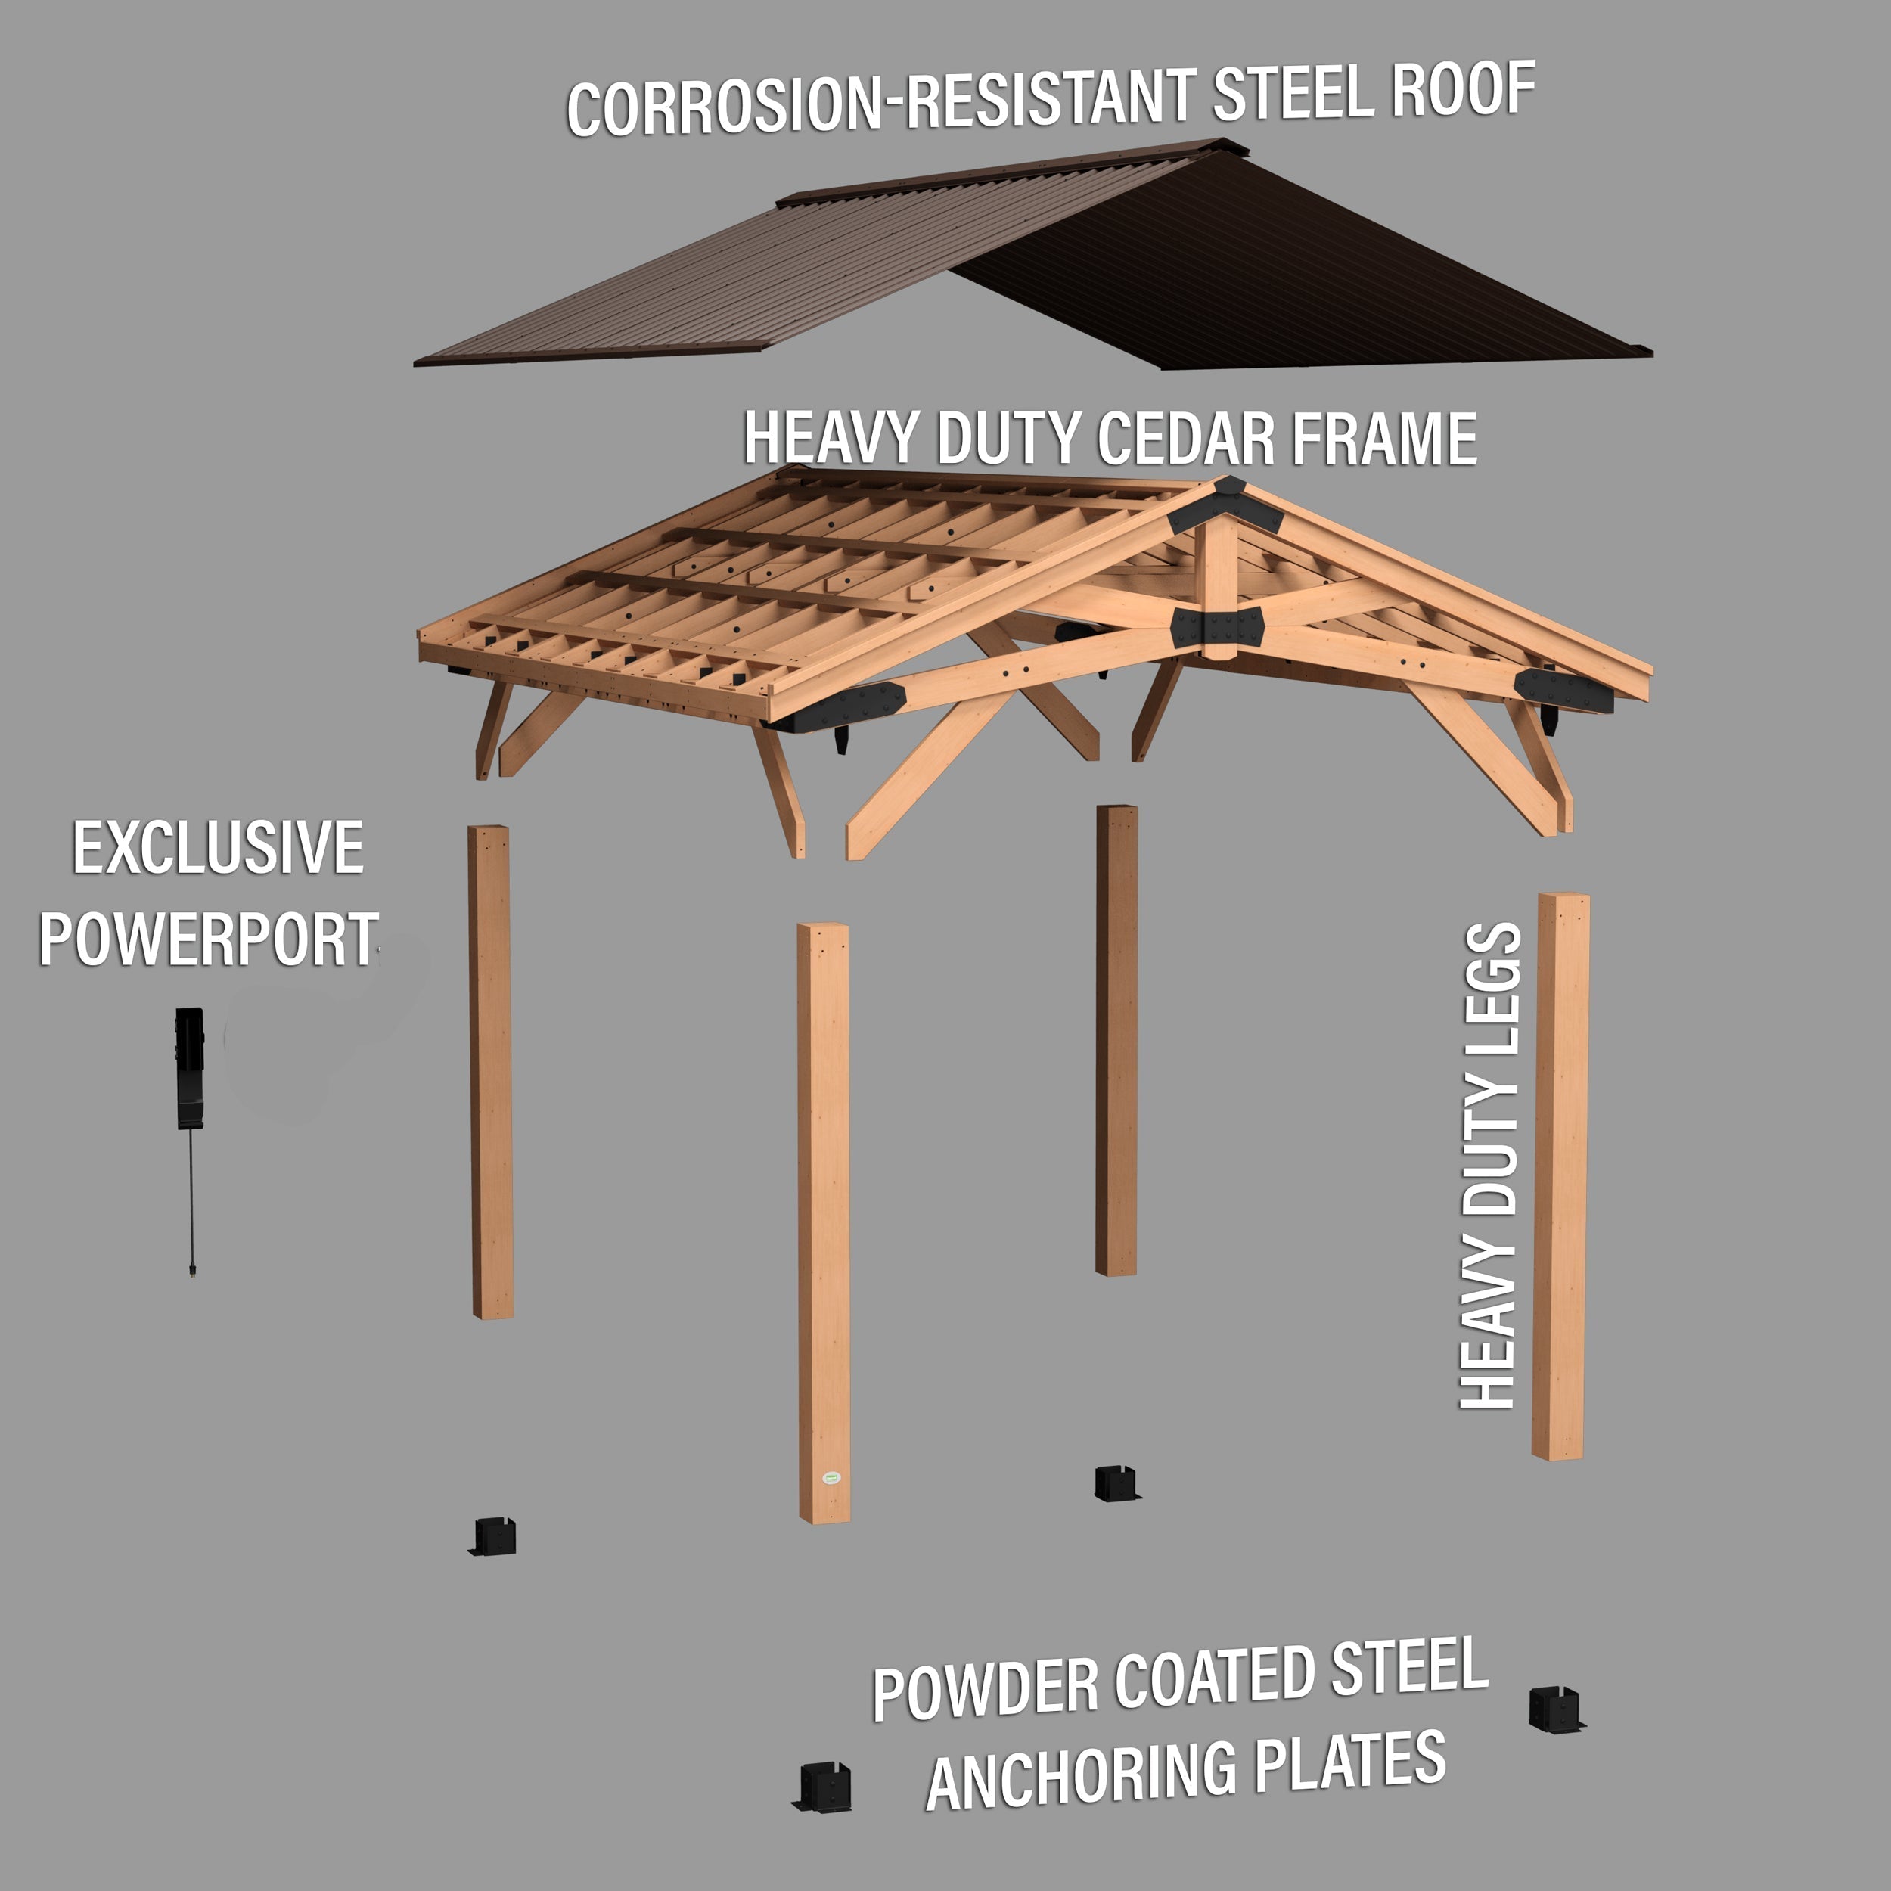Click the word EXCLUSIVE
[217, 849]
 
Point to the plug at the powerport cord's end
[192, 1272]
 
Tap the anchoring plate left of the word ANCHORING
[822, 1787]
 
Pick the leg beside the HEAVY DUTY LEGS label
[1560, 1175]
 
